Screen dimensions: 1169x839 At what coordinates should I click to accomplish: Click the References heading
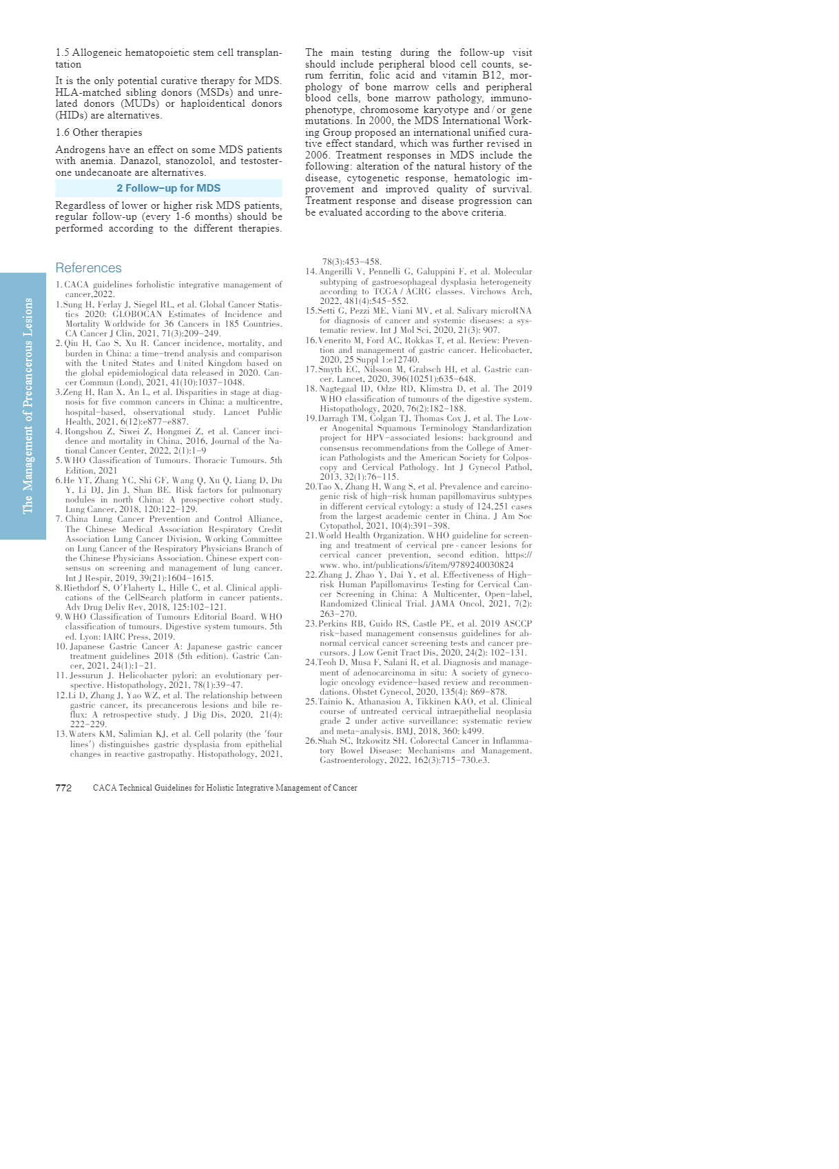pyautogui.click(x=88, y=268)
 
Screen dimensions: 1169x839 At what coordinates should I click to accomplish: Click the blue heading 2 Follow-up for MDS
pyautogui.click(x=169, y=188)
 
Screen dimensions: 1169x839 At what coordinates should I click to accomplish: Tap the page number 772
pyautogui.click(x=63, y=788)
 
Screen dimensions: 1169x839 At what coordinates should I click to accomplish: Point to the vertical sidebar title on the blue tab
pyautogui.click(x=28, y=405)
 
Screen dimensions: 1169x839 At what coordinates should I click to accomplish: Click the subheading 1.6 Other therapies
pyautogui.click(x=99, y=132)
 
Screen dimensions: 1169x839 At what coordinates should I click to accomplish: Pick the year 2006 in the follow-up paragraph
pyautogui.click(x=318, y=155)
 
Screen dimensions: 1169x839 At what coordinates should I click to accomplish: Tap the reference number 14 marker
pyautogui.click(x=311, y=272)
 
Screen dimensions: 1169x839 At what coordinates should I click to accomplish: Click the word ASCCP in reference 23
pyautogui.click(x=517, y=624)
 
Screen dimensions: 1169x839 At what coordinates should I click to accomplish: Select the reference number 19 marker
pyautogui.click(x=311, y=418)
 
